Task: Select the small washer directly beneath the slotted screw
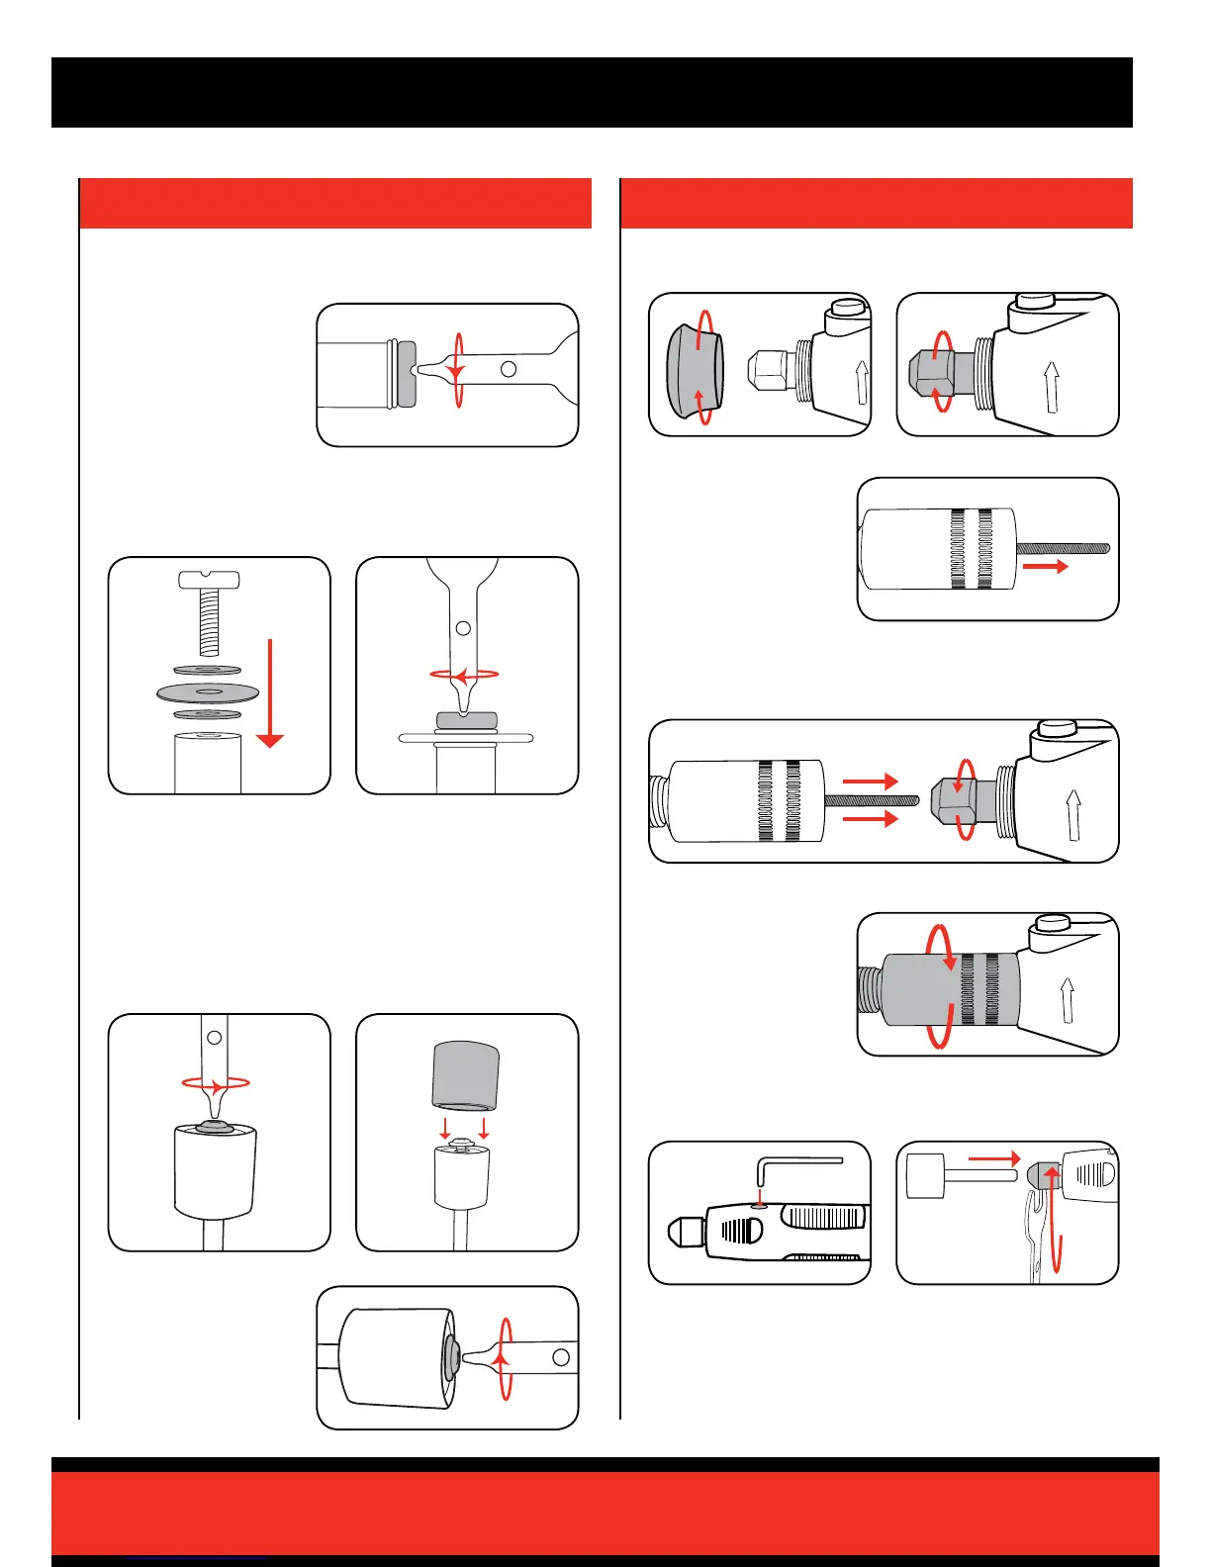coord(208,671)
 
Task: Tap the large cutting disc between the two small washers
coord(208,691)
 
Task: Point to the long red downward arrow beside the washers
coord(269,692)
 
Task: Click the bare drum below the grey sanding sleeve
coord(462,1182)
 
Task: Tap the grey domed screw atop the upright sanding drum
coord(214,1124)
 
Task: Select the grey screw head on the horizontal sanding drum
coord(451,1357)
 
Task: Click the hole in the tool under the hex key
coord(759,1206)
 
